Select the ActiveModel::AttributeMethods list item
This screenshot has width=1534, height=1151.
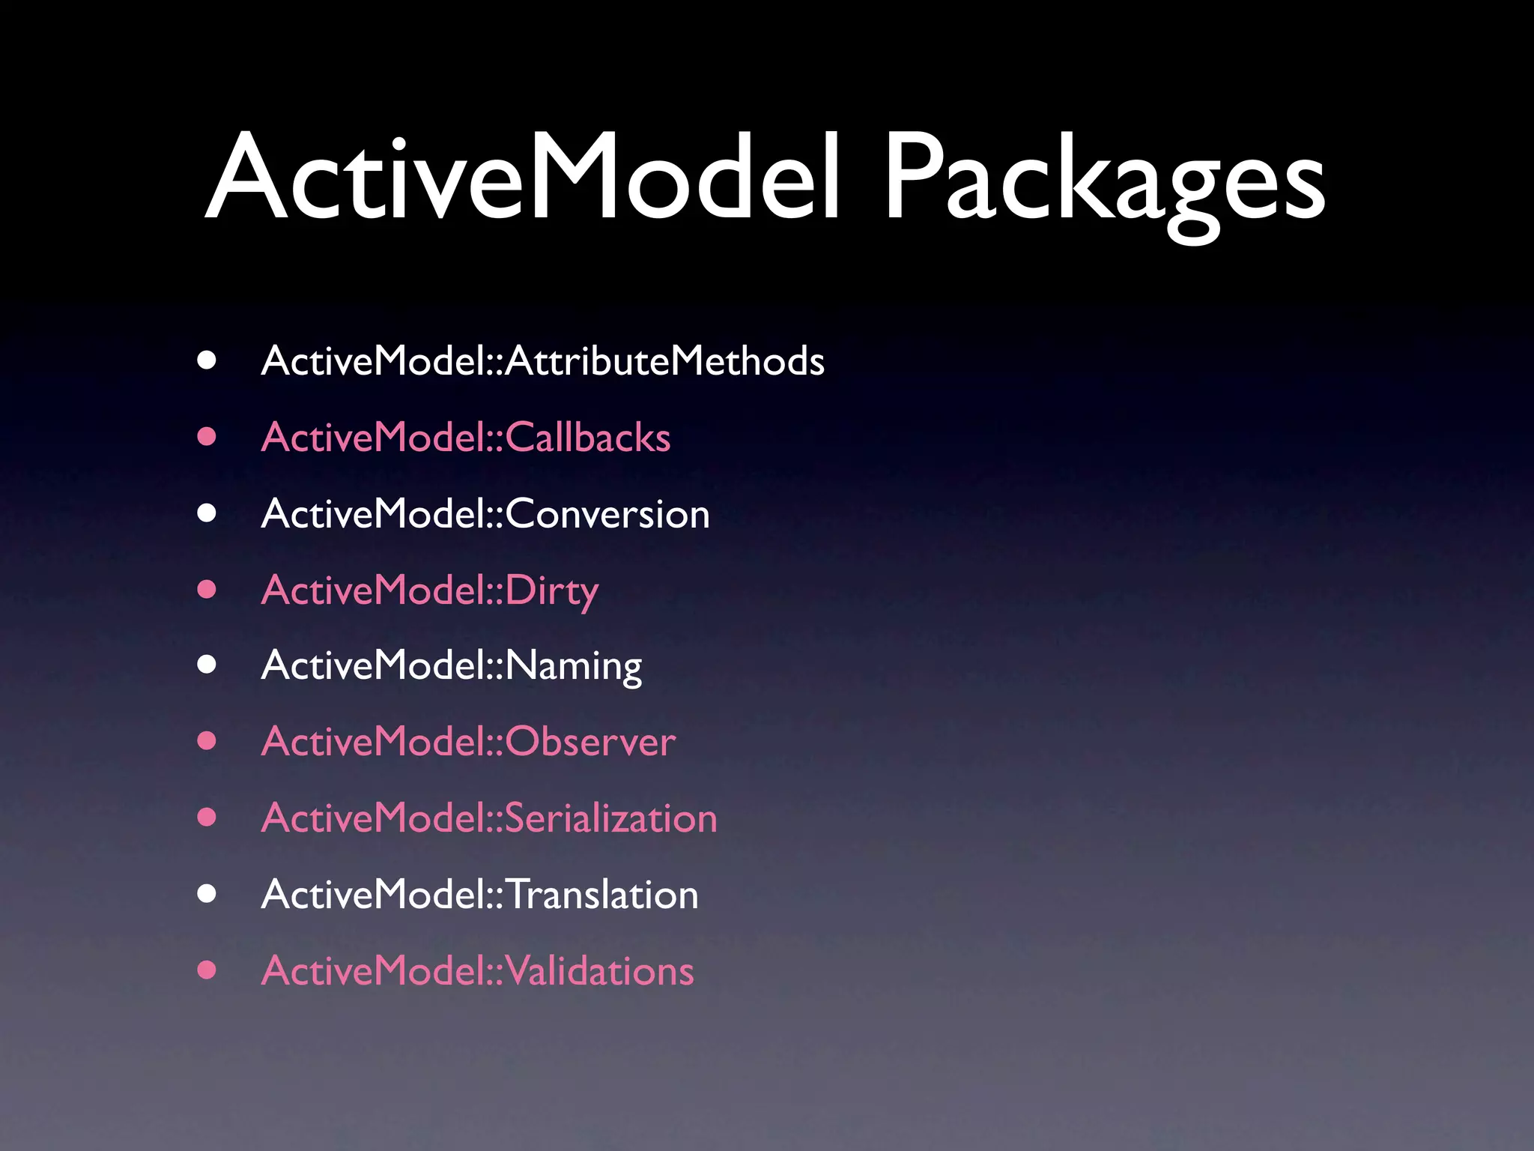click(x=542, y=361)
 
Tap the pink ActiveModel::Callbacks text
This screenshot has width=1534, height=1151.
click(x=465, y=438)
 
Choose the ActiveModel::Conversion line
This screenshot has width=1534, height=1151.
click(x=485, y=514)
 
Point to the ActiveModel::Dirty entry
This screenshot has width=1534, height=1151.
click(x=429, y=590)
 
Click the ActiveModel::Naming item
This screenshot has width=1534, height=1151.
click(x=451, y=665)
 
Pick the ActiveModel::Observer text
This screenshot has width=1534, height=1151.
click(x=468, y=742)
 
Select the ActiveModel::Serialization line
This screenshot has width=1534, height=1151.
click(x=488, y=818)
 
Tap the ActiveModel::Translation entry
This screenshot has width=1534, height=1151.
click(x=479, y=895)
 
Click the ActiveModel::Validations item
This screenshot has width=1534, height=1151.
click(x=477, y=971)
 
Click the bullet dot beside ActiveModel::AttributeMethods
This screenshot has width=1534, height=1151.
click(x=207, y=360)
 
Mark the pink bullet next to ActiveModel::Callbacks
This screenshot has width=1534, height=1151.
click(x=207, y=436)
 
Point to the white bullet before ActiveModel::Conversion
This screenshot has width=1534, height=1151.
click(x=207, y=513)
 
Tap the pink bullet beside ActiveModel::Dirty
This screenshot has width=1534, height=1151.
click(x=207, y=589)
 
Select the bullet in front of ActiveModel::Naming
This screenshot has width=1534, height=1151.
click(x=207, y=665)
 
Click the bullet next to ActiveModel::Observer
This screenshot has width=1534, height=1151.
click(x=207, y=741)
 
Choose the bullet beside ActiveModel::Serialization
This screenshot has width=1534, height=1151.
click(x=207, y=817)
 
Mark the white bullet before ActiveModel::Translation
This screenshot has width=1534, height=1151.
click(x=207, y=893)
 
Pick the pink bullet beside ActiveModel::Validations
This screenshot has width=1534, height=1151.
click(x=207, y=970)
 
